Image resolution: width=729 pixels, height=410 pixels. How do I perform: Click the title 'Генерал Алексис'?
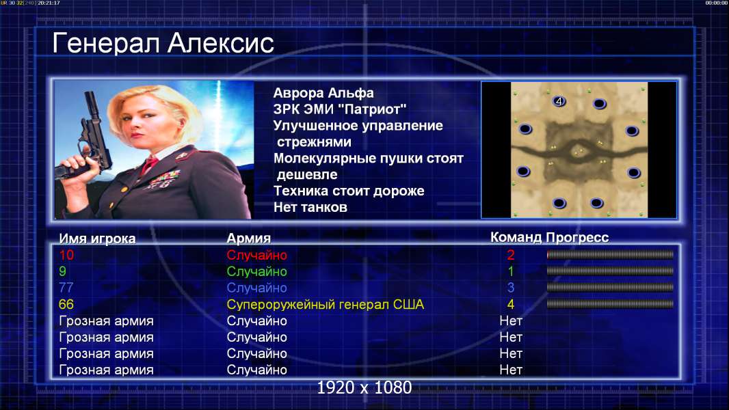click(x=163, y=43)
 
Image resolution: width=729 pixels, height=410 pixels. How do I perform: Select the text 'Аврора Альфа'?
click(x=323, y=93)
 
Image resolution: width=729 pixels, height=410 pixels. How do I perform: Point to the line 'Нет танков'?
click(x=310, y=207)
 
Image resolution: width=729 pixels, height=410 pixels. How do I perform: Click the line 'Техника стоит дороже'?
click(x=349, y=191)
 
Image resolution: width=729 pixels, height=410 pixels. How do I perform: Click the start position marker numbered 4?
click(x=559, y=100)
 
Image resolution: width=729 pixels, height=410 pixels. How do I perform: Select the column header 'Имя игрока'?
click(x=97, y=238)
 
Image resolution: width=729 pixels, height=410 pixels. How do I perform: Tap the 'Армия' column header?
click(x=248, y=238)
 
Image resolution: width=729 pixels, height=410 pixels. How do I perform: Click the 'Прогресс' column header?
click(x=577, y=237)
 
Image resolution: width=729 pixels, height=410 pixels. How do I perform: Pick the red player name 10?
click(x=66, y=255)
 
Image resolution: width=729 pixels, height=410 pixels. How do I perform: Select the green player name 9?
click(x=62, y=271)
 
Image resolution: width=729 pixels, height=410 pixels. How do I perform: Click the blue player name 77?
click(x=66, y=288)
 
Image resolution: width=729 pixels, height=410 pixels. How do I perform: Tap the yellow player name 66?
click(x=66, y=304)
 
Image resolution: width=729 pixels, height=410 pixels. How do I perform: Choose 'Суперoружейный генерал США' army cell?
click(x=325, y=305)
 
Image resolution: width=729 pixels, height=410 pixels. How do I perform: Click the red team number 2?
click(x=510, y=255)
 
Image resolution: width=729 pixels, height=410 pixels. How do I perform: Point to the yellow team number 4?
click(x=510, y=305)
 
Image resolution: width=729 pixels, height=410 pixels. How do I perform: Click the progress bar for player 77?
click(x=610, y=288)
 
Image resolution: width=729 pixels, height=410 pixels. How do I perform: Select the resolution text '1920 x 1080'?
click(x=364, y=387)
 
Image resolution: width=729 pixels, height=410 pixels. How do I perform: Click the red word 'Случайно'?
click(x=256, y=255)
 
